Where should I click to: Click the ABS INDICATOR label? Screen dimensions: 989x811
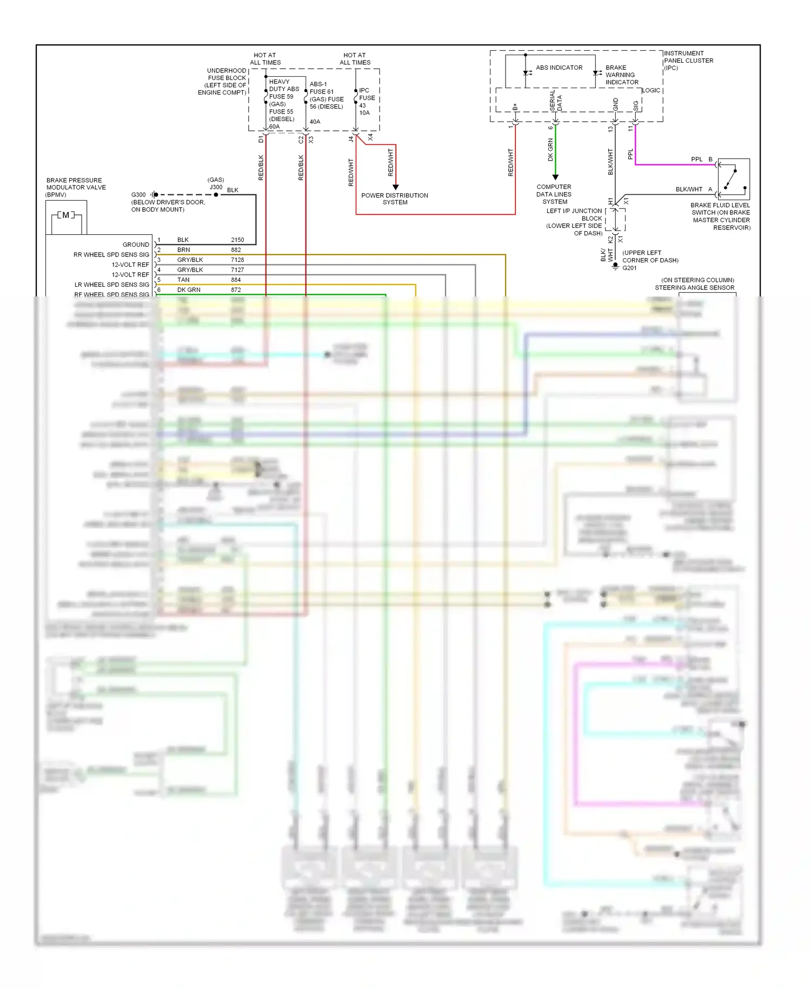coord(559,68)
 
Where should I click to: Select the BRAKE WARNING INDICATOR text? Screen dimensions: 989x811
coord(621,75)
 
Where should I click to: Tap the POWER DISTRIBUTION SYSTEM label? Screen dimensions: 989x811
coord(395,199)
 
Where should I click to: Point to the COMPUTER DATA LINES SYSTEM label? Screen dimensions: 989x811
coord(554,194)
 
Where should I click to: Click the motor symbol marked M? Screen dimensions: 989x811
coord(65,215)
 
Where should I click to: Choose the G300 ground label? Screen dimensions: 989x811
coord(138,195)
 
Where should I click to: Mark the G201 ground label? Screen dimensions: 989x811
coord(629,268)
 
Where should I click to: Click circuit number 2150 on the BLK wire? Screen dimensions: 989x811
coord(237,240)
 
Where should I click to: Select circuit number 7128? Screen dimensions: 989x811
coord(237,260)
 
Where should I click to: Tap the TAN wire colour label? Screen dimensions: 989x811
coord(183,280)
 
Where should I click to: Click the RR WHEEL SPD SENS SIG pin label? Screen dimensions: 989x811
coord(111,255)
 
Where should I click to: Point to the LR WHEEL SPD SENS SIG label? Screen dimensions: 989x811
coord(112,285)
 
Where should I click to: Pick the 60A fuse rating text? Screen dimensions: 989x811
coord(274,127)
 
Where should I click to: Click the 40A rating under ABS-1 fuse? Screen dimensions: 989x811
coord(315,122)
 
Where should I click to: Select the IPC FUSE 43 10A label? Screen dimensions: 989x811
coord(366,102)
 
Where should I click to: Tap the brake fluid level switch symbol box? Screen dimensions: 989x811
coord(734,179)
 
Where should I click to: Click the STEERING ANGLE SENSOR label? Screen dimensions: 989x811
coord(694,288)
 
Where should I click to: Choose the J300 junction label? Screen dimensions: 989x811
coord(216,187)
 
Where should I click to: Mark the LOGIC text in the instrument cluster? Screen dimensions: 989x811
coord(651,90)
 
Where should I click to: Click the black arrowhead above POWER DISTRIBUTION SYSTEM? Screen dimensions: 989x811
coord(395,187)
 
